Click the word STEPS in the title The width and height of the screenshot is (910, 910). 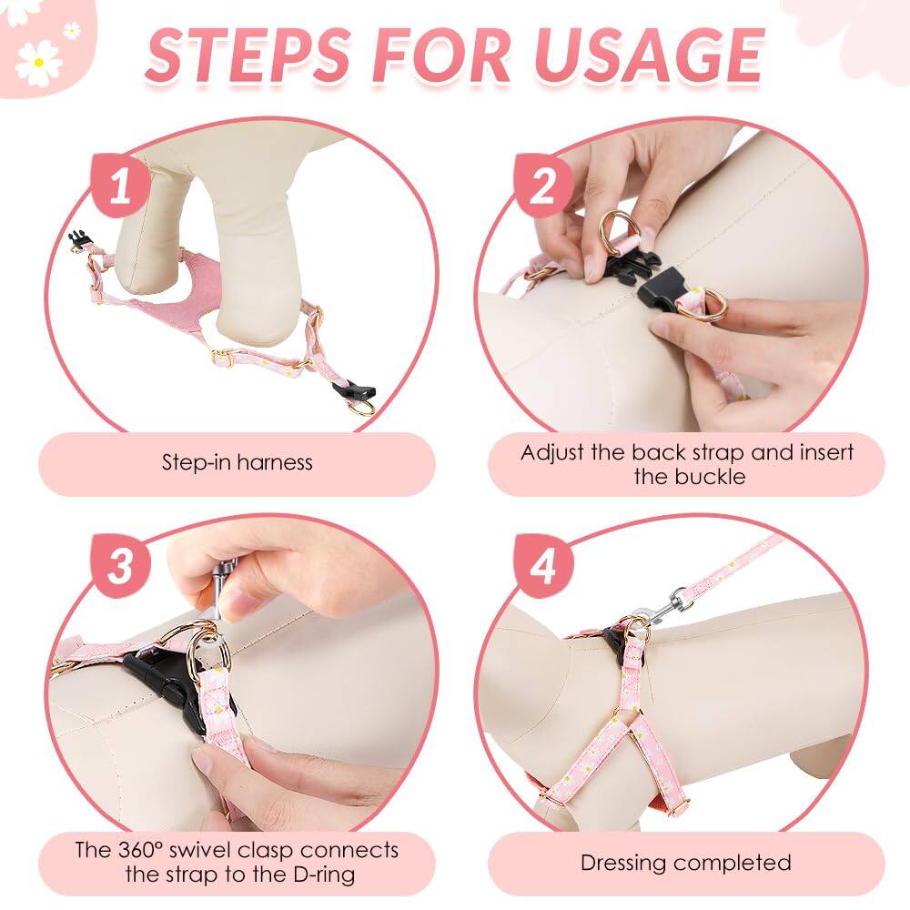(249, 56)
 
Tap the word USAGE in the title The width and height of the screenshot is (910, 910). (649, 56)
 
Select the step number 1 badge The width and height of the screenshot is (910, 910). (120, 186)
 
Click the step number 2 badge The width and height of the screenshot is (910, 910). (542, 186)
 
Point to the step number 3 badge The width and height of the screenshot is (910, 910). (120, 566)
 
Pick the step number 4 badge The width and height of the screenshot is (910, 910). (542, 566)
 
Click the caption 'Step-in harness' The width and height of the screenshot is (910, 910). (237, 462)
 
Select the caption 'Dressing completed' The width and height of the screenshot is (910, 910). (685, 863)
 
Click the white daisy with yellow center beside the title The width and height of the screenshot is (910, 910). (38, 62)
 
